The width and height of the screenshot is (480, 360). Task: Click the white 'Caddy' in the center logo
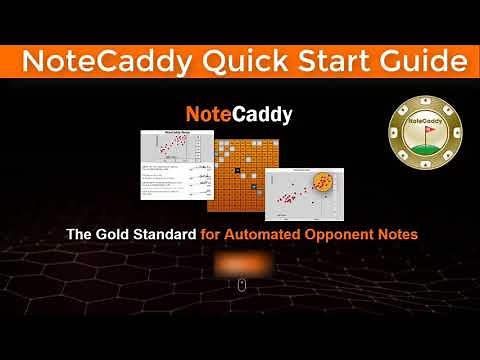tap(261, 115)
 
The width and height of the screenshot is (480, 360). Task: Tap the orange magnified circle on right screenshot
tap(323, 183)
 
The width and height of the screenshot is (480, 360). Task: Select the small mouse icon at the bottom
tap(240, 286)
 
